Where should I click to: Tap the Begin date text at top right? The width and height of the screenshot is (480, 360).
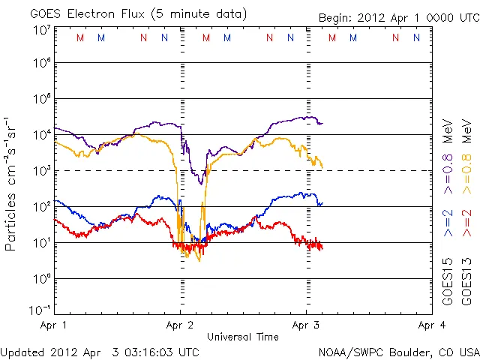(x=397, y=17)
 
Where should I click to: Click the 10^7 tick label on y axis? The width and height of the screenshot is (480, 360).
(x=41, y=30)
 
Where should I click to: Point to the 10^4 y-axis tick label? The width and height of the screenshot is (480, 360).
(x=41, y=135)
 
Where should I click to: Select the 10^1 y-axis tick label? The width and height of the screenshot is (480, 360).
(x=41, y=243)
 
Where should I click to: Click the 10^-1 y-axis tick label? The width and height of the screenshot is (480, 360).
(x=40, y=310)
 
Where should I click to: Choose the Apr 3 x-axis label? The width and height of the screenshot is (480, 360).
(x=305, y=325)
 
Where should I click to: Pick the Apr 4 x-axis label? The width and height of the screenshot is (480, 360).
(x=430, y=325)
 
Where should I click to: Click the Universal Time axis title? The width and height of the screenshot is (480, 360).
(x=243, y=337)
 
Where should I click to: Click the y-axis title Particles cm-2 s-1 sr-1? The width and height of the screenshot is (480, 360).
(x=13, y=184)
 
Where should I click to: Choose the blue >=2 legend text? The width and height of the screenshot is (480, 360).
(x=448, y=223)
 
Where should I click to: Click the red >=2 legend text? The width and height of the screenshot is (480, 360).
(x=466, y=223)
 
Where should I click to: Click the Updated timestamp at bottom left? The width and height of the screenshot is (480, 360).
(x=100, y=352)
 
